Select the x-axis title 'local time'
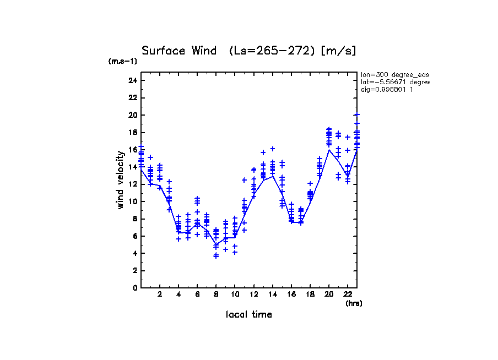249,314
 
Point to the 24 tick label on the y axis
132,80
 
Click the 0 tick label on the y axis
134,288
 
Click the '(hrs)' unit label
354,303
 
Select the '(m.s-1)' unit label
123,61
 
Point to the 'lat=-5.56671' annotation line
394,82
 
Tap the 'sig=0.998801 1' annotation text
387,89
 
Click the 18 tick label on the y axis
132,132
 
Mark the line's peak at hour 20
329,149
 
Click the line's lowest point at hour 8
216,244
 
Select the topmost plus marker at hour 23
357,114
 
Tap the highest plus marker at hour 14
272,149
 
